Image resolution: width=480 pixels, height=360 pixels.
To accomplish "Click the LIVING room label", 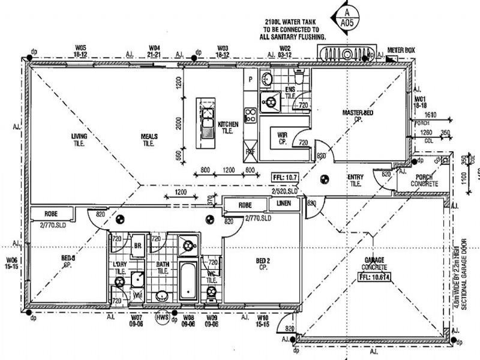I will pos(79,139).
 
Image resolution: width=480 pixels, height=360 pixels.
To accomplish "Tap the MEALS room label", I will pos(149,139).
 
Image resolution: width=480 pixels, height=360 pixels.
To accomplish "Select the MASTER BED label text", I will pos(358,115).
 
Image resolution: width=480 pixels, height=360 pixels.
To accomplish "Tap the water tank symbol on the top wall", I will pos(347,53).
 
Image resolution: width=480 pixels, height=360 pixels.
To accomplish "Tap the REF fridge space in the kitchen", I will pos(250,152).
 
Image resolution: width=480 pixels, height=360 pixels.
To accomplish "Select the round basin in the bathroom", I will pos(161,296).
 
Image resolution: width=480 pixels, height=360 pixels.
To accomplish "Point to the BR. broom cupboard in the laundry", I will pos(137,246).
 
